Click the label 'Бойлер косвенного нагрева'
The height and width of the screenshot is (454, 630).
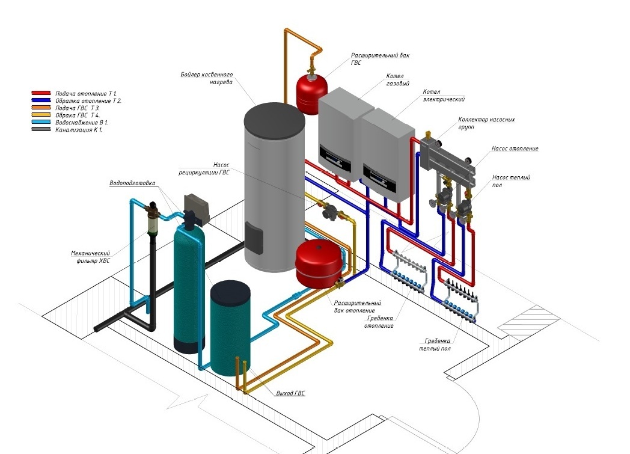coord(206,79)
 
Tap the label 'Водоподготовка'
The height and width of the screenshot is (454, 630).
coord(132,183)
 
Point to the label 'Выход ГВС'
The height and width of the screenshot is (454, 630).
coord(290,393)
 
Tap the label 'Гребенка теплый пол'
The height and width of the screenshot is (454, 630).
coord(435,345)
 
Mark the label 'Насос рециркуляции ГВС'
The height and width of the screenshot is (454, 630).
coord(214,168)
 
